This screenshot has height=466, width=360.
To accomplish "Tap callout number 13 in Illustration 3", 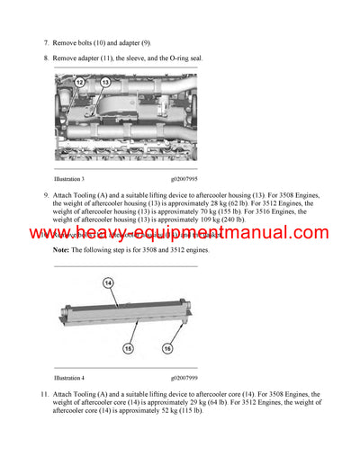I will click(x=104, y=83).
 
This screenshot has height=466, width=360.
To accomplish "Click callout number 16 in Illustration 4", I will click(x=167, y=347).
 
